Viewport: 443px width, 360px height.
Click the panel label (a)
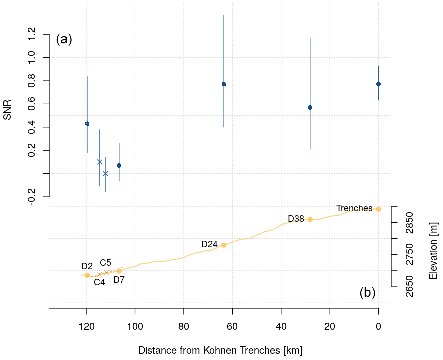[x=64, y=39]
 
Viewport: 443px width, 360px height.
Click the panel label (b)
[x=367, y=293]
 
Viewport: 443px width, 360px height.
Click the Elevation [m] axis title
[x=433, y=251]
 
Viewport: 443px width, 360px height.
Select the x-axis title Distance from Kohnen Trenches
[x=220, y=350]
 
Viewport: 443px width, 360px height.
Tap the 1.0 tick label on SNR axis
[x=31, y=58]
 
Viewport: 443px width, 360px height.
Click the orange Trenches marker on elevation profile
[x=378, y=209]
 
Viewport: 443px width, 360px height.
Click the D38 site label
[x=296, y=219]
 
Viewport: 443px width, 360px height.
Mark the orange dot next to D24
[x=224, y=245]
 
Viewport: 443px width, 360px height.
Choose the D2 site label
[x=87, y=266]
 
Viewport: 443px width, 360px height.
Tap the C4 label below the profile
[x=99, y=282]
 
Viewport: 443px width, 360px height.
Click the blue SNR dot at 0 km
[x=378, y=84]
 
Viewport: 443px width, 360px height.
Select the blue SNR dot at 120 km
[x=87, y=124]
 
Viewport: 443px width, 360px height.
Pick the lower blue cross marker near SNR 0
[x=105, y=174]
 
